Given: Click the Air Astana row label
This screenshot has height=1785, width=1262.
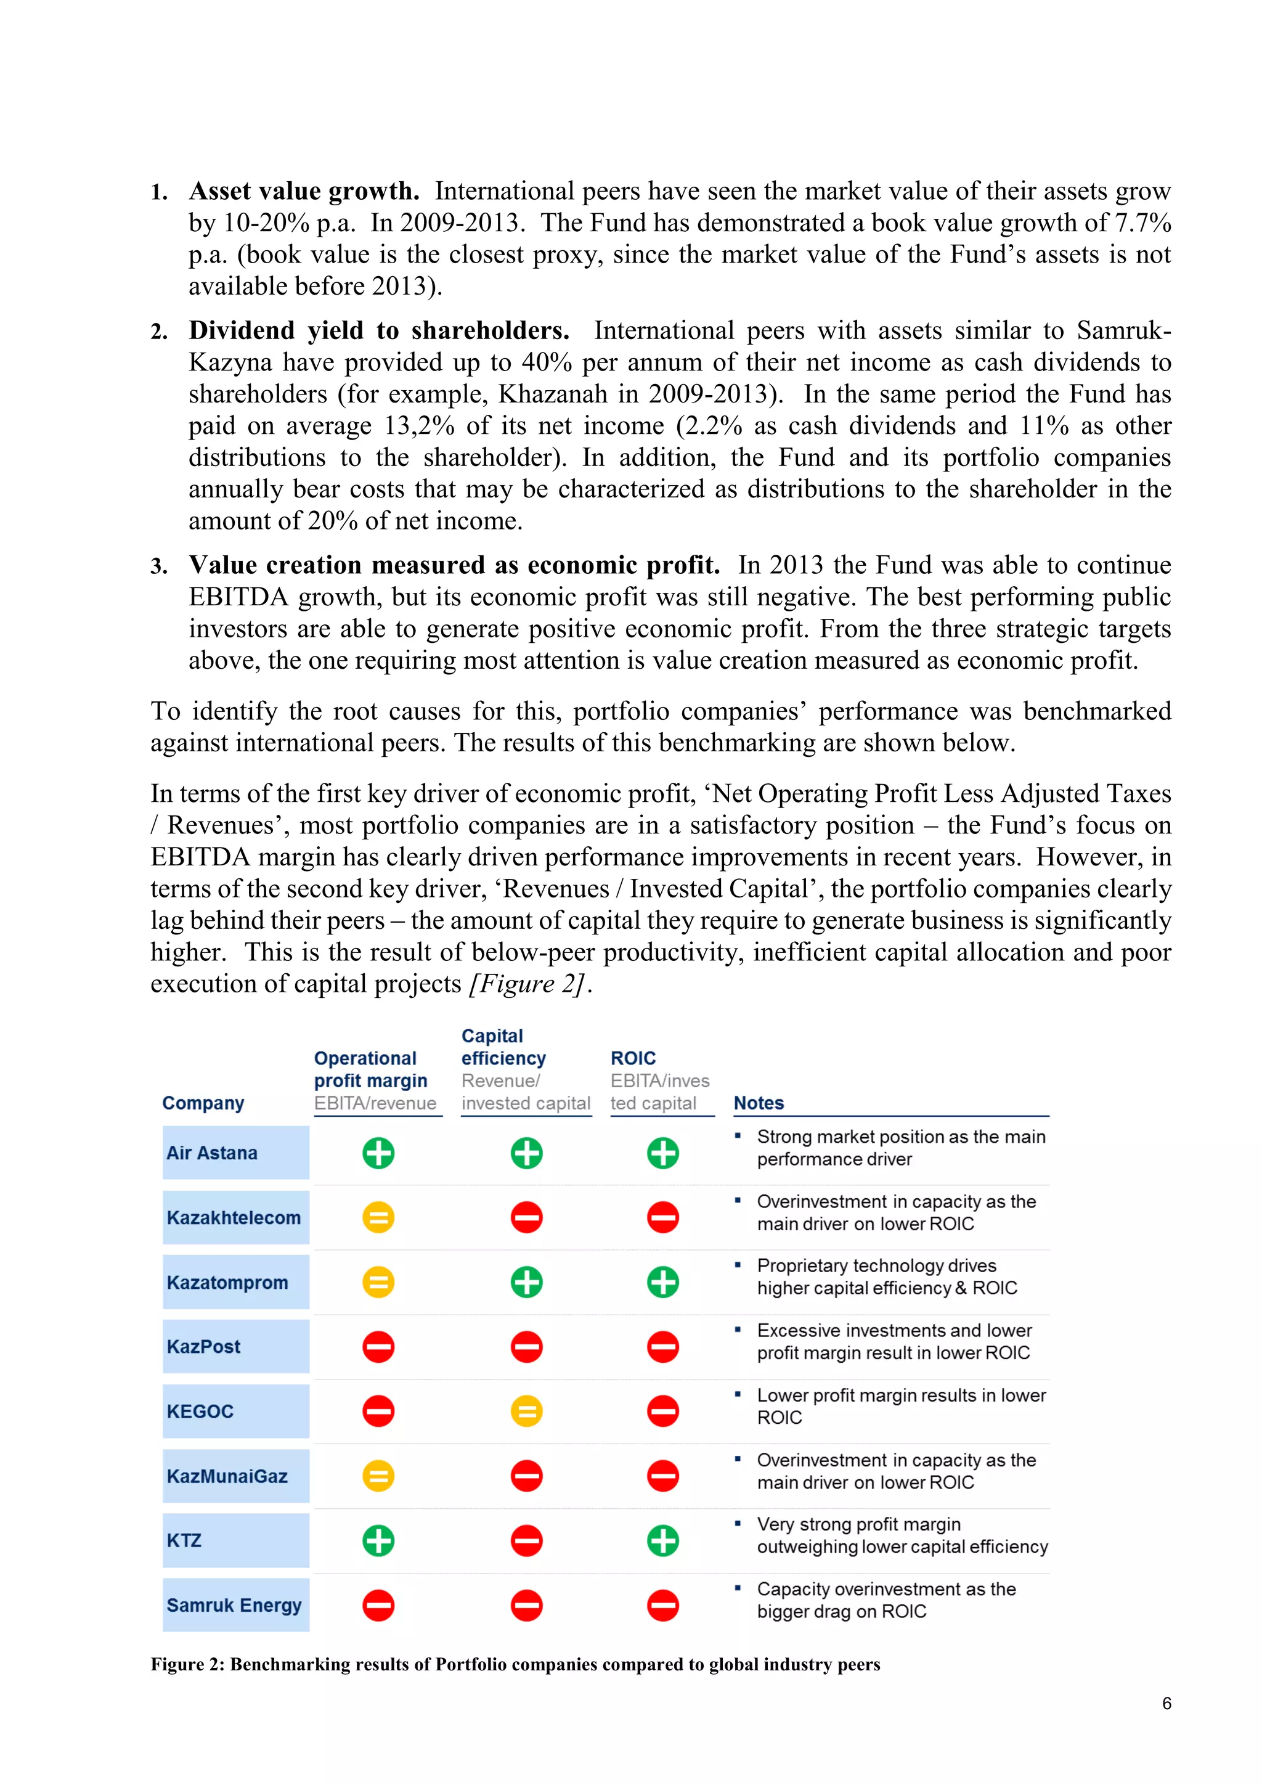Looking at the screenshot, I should [x=211, y=1153].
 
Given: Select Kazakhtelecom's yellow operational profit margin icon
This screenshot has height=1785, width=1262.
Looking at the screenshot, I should [x=378, y=1217].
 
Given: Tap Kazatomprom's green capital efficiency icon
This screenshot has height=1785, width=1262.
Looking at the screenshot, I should [x=526, y=1282].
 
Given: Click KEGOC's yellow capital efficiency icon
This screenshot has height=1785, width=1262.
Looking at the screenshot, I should [x=526, y=1411].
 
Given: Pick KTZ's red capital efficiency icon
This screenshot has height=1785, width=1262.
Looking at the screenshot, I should [x=526, y=1540].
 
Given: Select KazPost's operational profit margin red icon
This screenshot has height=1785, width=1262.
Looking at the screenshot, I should [x=378, y=1347].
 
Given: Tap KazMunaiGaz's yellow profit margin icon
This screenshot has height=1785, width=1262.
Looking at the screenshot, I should [x=378, y=1476].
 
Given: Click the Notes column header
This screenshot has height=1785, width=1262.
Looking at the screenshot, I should [x=759, y=1103].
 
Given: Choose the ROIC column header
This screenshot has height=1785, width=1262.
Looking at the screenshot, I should [x=633, y=1058].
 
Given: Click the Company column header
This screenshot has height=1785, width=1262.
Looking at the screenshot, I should [x=203, y=1103].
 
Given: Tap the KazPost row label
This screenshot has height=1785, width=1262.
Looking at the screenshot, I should [x=203, y=1347].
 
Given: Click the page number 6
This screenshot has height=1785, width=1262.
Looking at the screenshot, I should [x=1166, y=1704].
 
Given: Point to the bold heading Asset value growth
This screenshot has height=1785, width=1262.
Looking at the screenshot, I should [x=304, y=191].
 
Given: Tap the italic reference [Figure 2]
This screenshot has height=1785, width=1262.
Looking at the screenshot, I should [x=529, y=984].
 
